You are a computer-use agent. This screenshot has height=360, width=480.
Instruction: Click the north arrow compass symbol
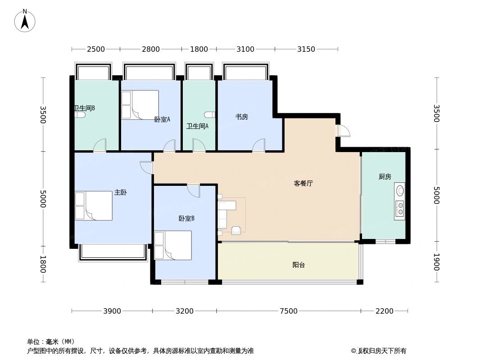coord(25,20)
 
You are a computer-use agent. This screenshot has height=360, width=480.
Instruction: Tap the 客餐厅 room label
coord(303,183)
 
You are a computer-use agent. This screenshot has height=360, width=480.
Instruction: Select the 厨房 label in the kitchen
coord(385,177)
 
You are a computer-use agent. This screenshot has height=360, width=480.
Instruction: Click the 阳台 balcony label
coord(299,265)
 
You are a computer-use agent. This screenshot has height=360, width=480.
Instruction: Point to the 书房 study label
coord(241,117)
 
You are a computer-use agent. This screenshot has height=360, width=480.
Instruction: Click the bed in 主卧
coord(94,206)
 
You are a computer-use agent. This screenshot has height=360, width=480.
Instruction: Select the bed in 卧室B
coord(173,245)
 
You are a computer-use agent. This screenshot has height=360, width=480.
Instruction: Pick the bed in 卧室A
coord(140,105)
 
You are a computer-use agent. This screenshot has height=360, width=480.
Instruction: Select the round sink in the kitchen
coord(399,190)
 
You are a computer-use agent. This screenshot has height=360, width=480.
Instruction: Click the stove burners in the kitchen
coord(399,208)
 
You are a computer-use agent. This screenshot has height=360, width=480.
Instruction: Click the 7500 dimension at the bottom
coord(288,311)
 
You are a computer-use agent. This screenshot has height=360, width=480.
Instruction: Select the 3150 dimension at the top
coord(306,49)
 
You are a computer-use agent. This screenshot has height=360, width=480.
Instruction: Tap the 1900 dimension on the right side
coord(436,262)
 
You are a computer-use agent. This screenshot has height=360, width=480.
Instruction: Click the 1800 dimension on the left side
coord(43,264)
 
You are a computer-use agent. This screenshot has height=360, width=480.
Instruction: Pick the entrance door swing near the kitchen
coord(344,130)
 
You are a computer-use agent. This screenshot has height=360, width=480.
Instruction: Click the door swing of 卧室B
coord(194,190)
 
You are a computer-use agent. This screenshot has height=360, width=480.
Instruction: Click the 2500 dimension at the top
coord(95,49)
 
